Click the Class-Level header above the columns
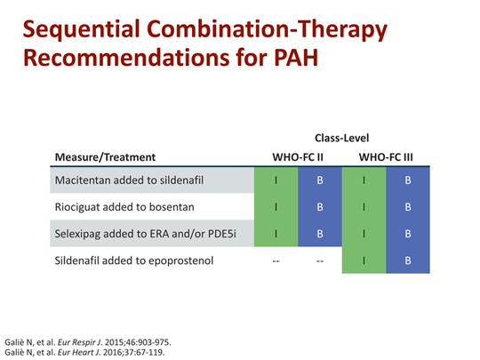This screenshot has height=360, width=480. pyautogui.click(x=341, y=138)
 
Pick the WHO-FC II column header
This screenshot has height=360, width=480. pyautogui.click(x=297, y=158)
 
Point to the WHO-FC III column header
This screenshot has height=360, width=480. pyautogui.click(x=385, y=158)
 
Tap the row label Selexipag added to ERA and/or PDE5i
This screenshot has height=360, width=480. pyautogui.click(x=141, y=235)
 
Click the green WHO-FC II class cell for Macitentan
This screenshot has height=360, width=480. pyautogui.click(x=276, y=181)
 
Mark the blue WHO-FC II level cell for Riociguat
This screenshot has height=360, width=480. pyautogui.click(x=319, y=208)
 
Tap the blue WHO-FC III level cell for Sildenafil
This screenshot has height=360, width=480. pyautogui.click(x=407, y=261)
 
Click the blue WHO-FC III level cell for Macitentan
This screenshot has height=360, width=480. pyautogui.click(x=407, y=181)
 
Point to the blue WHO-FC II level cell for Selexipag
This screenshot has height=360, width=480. pyautogui.click(x=319, y=235)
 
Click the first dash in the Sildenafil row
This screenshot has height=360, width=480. pyautogui.click(x=276, y=261)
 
